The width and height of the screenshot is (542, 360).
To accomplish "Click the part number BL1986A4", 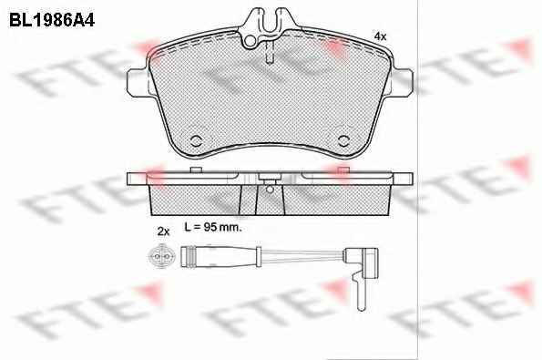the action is [52, 20].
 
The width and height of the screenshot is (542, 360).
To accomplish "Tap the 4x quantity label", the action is [381, 36].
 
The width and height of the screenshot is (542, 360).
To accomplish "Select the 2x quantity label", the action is [163, 231].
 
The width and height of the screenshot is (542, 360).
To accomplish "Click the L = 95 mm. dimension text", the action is [213, 227].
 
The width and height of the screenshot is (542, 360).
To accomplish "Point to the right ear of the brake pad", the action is [403, 82].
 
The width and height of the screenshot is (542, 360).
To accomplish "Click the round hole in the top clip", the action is [251, 41].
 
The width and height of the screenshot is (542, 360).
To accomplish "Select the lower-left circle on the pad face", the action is [197, 140].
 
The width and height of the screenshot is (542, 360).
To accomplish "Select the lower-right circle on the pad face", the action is [344, 140].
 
